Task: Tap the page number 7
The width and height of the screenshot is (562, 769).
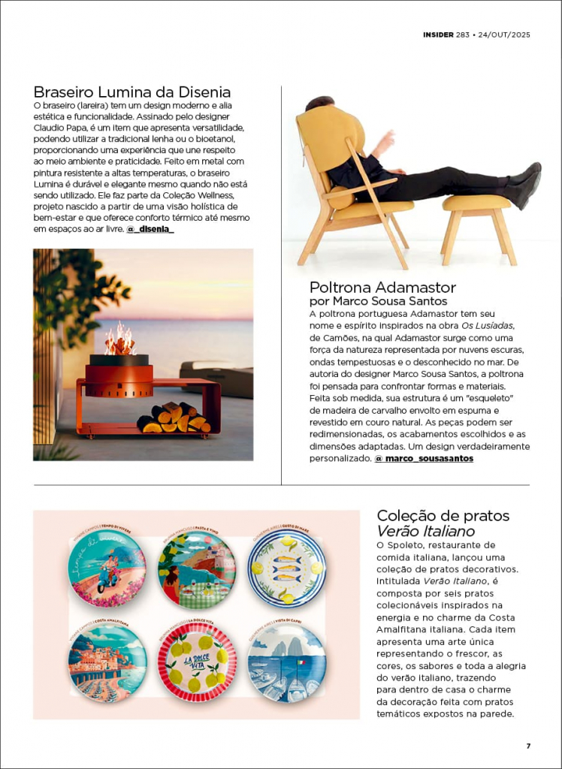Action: click(x=528, y=746)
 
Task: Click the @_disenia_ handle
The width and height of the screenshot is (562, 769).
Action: click(x=150, y=228)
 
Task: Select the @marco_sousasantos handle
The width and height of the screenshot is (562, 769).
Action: click(x=424, y=458)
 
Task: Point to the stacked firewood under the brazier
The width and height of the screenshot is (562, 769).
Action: click(x=173, y=418)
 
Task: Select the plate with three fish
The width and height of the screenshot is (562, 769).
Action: click(x=287, y=569)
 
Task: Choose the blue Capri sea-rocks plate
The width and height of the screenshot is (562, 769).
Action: click(x=287, y=662)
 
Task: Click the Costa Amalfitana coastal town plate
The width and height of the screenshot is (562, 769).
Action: click(x=107, y=662)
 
